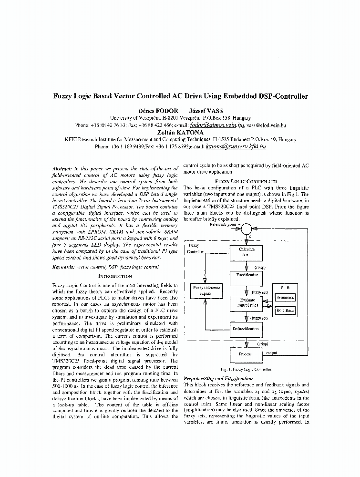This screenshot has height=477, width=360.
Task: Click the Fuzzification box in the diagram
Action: coord(247,276)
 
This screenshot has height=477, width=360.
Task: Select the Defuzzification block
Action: coord(246,329)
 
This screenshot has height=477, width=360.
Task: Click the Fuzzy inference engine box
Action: coord(206,290)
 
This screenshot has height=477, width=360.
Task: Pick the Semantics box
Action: coord(286,297)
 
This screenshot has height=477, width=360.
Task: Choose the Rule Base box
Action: coord(286,311)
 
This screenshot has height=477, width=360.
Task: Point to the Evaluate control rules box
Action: coord(246,302)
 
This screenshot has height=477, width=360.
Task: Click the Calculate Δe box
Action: coord(246,252)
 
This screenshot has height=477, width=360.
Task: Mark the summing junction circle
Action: coord(246,229)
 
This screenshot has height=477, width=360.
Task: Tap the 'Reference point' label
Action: coord(218,224)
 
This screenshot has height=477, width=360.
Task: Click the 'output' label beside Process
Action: coord(272,353)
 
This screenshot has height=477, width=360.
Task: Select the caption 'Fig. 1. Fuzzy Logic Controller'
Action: coord(246,369)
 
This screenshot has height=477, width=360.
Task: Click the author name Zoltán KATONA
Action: coord(180,132)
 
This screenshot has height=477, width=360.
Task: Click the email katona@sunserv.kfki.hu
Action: coord(235,147)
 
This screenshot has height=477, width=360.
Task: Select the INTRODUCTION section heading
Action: coord(115,276)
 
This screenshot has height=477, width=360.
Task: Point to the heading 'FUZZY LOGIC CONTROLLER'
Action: coord(246,181)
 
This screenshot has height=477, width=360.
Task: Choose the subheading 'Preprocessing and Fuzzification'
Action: coord(218,378)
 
